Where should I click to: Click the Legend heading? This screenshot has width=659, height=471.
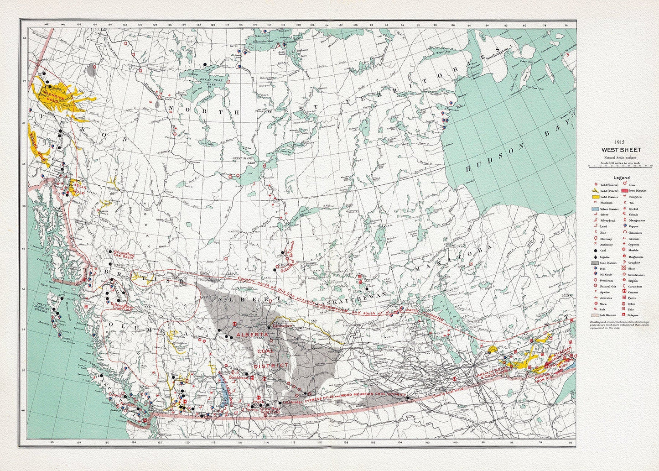[x=621, y=178]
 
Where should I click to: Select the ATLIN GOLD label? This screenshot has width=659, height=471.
[x=78, y=189]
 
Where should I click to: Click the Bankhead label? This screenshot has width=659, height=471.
[x=239, y=378]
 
